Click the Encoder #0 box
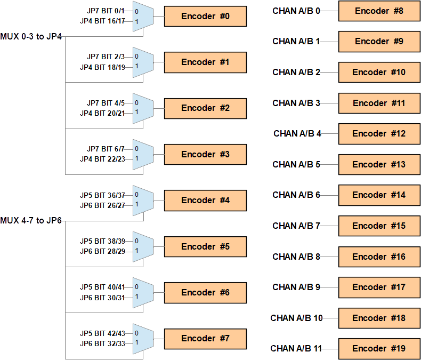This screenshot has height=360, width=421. point(205,17)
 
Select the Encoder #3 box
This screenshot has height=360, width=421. point(205,155)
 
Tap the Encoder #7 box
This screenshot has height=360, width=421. point(205,339)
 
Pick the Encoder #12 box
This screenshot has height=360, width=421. point(379,134)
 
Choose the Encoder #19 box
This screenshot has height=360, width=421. point(379,349)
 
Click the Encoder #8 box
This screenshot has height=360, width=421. point(379,11)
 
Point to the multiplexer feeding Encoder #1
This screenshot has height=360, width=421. point(143,62)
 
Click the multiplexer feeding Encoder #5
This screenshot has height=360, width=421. point(143,246)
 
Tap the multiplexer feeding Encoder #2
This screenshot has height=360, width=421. point(143,108)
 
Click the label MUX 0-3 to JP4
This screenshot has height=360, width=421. point(31,37)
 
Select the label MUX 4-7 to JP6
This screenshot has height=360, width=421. point(31,221)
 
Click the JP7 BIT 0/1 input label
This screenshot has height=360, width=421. point(106,11)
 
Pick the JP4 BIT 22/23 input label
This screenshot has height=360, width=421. point(102,159)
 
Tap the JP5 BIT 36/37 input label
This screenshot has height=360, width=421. point(102,195)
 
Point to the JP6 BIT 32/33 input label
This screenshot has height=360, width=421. point(102,343)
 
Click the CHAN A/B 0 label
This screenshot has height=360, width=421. point(296,11)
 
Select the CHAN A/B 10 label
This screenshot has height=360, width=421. point(296,318)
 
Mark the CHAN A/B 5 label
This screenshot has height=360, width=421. point(296,165)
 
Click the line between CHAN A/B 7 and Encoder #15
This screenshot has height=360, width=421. point(329,226)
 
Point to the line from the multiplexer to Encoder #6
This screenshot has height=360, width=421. point(159,292)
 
